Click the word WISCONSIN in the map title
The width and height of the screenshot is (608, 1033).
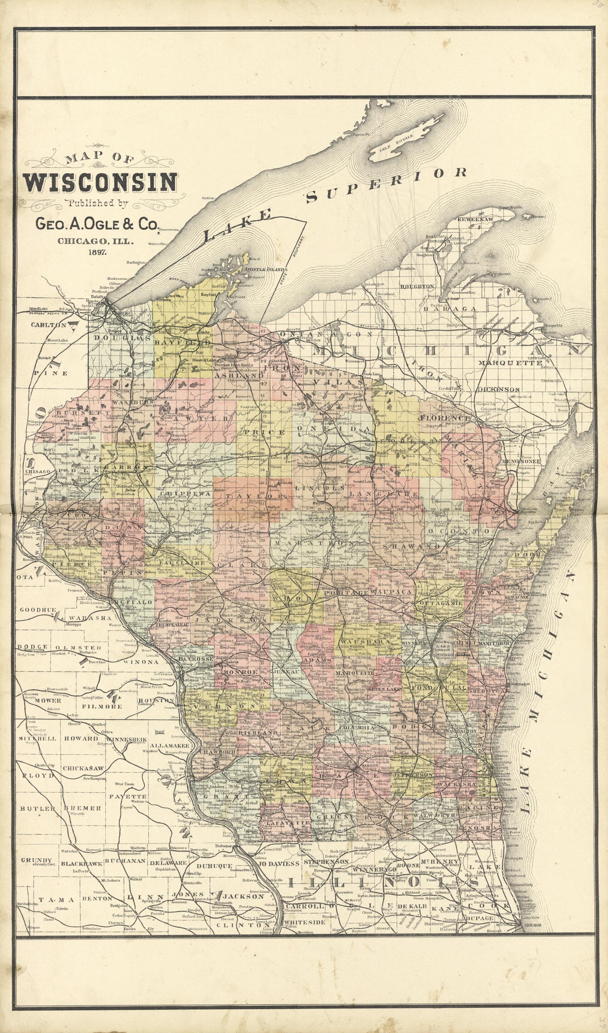tap(100, 183)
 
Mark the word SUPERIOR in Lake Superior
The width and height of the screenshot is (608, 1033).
tap(387, 185)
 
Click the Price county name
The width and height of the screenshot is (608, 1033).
tap(264, 432)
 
